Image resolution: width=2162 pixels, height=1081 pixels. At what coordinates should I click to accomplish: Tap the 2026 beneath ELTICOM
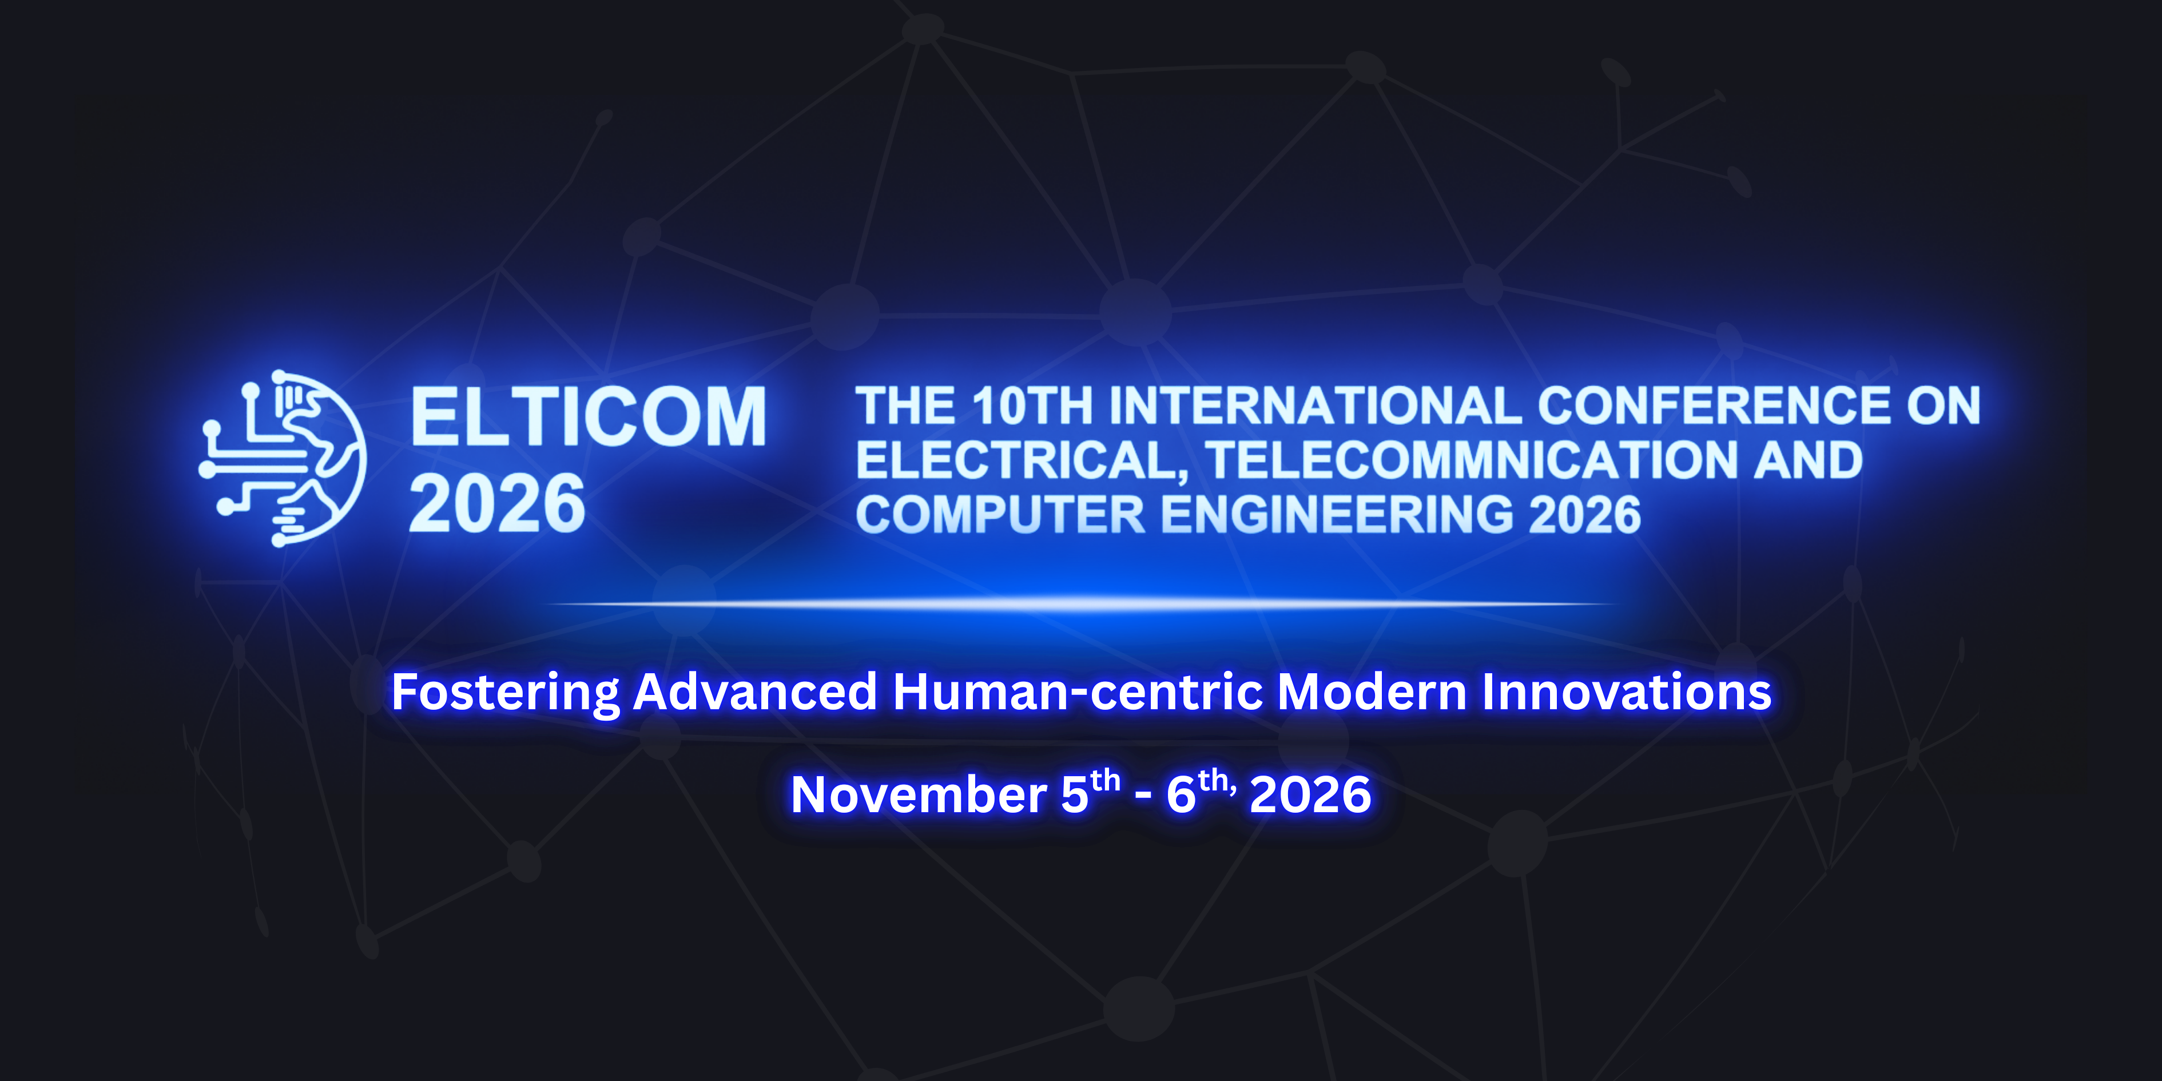(497, 503)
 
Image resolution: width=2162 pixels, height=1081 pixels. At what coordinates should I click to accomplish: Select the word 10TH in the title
(1032, 406)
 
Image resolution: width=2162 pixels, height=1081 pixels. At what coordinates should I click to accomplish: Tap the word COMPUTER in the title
(1000, 515)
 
